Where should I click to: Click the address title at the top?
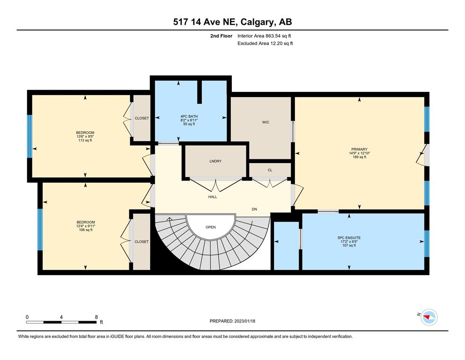232,22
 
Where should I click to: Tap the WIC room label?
266,122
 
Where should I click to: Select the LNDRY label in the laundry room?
215,161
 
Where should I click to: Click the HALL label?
213,197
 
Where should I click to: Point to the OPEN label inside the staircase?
211,227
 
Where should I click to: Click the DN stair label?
254,209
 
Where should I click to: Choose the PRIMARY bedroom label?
360,149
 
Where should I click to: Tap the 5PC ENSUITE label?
349,238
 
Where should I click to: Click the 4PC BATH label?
189,116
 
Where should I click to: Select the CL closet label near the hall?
270,170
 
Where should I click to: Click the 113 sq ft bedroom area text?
85,140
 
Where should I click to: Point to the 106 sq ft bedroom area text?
86,230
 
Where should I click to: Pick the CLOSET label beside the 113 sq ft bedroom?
142,118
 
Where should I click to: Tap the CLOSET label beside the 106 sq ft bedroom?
141,241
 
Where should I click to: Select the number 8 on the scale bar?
96,317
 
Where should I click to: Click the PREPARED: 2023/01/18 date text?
232,321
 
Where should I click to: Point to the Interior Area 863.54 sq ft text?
264,36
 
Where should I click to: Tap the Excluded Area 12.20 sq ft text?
265,43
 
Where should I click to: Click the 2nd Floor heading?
221,36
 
